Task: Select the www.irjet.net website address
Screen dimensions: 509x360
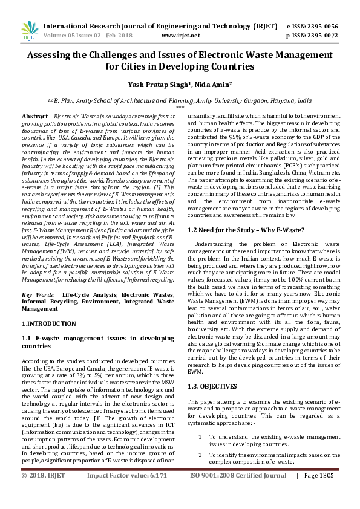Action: (180, 36)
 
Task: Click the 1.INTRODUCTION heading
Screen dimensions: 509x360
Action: (48, 324)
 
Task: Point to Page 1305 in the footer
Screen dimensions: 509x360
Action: (318, 493)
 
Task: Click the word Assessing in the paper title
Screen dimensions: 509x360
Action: (51, 54)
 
